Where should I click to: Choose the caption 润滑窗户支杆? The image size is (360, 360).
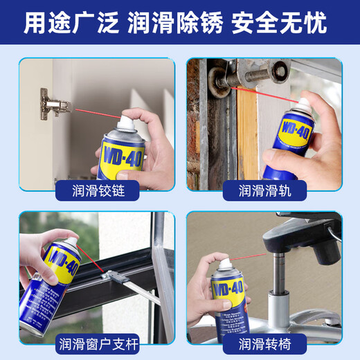pyautogui.click(x=96, y=343)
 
